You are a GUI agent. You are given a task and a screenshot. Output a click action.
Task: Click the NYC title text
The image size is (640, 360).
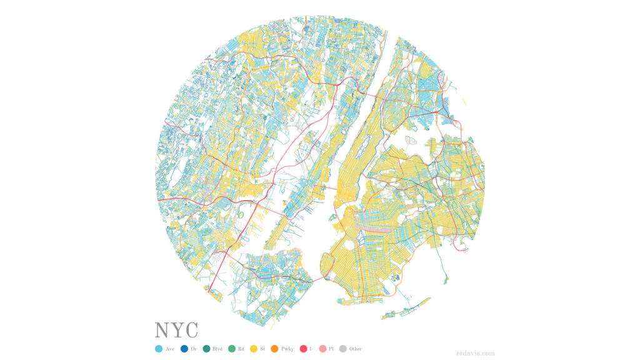(x=176, y=331)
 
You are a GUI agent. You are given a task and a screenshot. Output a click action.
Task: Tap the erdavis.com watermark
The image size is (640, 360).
(x=476, y=352)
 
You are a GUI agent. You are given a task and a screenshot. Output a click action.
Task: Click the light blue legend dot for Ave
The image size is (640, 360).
(x=159, y=349)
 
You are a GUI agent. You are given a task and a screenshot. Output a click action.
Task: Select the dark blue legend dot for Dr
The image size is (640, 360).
(x=184, y=349)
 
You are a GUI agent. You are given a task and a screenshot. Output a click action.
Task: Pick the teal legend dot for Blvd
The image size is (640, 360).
(x=207, y=349)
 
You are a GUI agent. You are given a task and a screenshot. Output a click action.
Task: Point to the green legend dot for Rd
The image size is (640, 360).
(x=231, y=349)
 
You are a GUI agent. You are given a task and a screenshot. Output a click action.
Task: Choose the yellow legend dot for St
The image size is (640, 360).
(x=254, y=349)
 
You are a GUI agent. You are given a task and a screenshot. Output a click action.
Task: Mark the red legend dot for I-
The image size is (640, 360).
(x=304, y=349)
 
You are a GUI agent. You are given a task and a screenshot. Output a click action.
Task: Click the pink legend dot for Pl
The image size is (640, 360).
(x=323, y=349)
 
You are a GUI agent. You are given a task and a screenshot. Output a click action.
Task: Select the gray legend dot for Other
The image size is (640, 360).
(x=343, y=349)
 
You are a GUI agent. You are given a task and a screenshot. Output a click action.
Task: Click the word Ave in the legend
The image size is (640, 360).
(x=170, y=349)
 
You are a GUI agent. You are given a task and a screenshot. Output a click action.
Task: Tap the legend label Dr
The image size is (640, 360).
(x=194, y=349)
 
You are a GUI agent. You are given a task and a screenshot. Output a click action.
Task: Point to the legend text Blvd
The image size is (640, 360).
(x=217, y=349)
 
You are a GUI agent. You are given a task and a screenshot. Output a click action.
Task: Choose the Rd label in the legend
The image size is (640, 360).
(x=241, y=349)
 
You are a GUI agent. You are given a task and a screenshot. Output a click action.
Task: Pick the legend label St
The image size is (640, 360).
(x=262, y=349)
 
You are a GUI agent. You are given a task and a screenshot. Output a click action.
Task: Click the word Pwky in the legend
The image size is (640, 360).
(x=288, y=349)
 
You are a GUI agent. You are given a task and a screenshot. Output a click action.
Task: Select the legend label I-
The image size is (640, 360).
(x=311, y=349)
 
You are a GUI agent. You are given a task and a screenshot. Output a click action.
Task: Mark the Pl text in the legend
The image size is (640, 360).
(x=331, y=349)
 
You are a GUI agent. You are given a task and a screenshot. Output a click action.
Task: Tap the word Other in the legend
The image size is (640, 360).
(x=356, y=349)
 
